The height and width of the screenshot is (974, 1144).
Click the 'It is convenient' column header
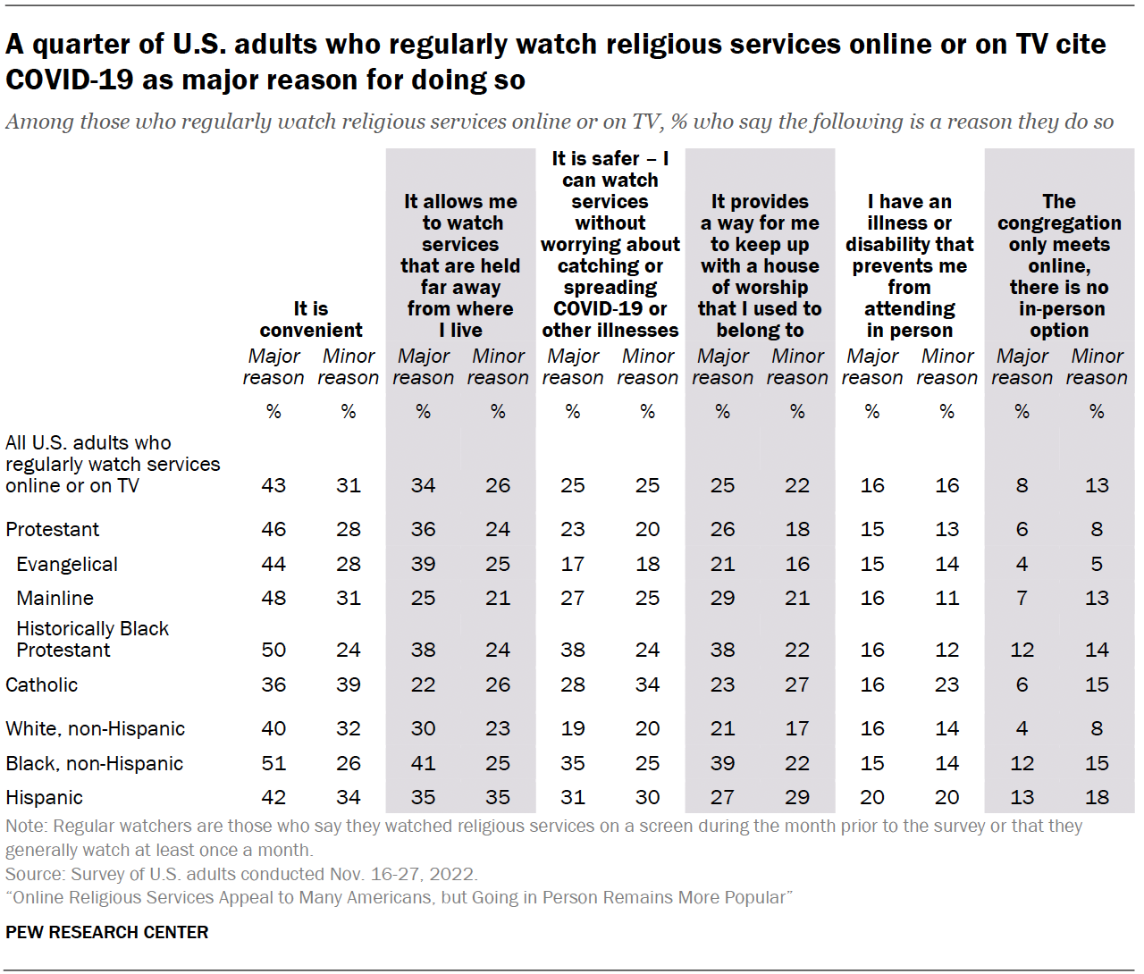311,319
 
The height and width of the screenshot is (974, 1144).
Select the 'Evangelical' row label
67,564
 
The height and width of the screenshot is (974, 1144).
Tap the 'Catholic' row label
42,684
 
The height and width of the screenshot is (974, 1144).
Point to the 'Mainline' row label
55,598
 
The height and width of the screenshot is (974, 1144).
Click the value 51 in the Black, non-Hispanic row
273,763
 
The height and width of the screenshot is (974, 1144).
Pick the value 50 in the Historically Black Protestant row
273,650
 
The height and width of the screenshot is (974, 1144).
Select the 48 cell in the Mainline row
273,598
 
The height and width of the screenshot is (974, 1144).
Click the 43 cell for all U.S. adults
273,485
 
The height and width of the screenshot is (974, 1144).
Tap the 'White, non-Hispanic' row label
95,728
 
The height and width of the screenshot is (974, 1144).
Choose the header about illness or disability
909,265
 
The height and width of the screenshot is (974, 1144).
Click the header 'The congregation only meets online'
1059,265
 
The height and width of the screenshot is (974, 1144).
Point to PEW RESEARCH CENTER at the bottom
107,932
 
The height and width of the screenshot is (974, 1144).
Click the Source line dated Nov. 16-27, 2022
241,874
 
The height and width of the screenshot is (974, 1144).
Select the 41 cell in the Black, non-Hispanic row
423,763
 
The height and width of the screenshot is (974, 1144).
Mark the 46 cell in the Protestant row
273,529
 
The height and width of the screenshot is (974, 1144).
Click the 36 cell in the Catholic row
273,684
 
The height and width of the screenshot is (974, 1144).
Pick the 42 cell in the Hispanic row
273,797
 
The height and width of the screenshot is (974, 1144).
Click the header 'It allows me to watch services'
460,265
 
